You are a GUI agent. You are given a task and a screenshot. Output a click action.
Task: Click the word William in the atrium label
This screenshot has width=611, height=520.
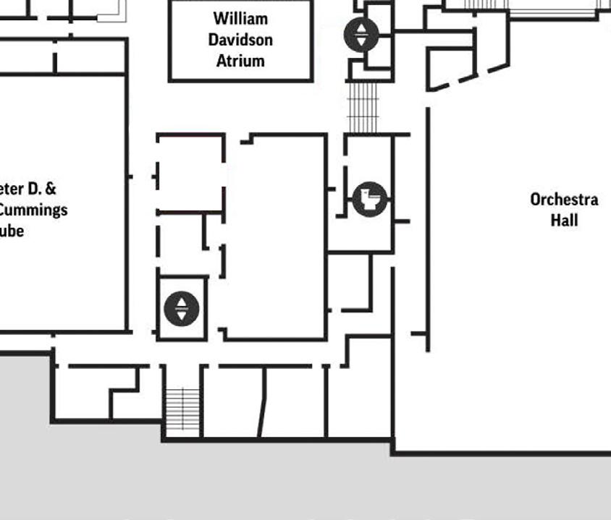pos(240,18)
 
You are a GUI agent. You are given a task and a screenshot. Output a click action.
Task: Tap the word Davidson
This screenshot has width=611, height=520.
pos(240,39)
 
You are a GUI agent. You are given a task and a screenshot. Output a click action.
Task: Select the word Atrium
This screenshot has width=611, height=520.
pos(240,60)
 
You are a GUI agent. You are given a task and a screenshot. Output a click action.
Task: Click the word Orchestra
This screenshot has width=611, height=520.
pos(564,199)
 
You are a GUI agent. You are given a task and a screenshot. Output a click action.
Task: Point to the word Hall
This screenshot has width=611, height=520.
pos(564,219)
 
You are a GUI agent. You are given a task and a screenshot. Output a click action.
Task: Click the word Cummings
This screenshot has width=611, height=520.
pos(34,210)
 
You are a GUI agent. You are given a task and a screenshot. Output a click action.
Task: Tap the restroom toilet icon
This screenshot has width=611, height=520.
pos(370,199)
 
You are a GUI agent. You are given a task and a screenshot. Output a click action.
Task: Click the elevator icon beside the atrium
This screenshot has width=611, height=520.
pos(361,34)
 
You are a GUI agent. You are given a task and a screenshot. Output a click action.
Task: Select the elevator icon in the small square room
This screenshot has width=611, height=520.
pos(181,309)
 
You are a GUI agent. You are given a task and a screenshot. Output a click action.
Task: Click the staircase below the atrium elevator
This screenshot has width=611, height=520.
pos(363,106)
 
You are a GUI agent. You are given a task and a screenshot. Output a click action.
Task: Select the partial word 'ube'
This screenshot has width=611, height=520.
pos(12,231)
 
